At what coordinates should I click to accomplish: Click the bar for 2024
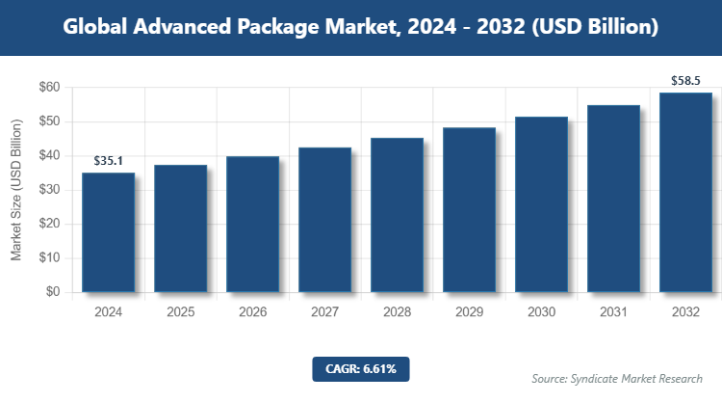[108, 232]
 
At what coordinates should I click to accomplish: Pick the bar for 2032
[685, 192]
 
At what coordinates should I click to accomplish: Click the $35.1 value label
[108, 161]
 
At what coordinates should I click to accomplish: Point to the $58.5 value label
[685, 81]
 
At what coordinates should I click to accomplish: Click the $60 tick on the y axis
[47, 88]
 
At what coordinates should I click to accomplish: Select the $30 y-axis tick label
[47, 190]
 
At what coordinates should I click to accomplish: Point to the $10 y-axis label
[47, 258]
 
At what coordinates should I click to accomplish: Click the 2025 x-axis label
[180, 312]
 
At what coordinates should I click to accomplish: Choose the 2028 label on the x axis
[397, 312]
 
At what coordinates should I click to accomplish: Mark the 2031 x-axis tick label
[613, 312]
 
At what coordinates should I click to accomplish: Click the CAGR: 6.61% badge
[361, 368]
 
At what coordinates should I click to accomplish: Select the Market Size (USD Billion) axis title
[16, 190]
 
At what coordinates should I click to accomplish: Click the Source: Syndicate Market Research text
[617, 378]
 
